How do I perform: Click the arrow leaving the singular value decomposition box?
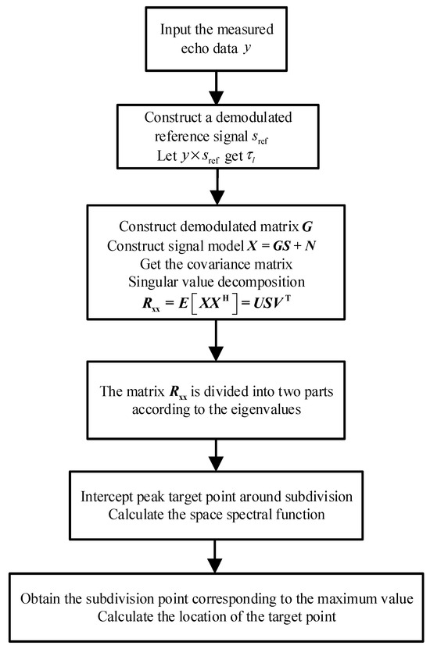(214, 344)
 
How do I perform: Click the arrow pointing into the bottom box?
(214, 558)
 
